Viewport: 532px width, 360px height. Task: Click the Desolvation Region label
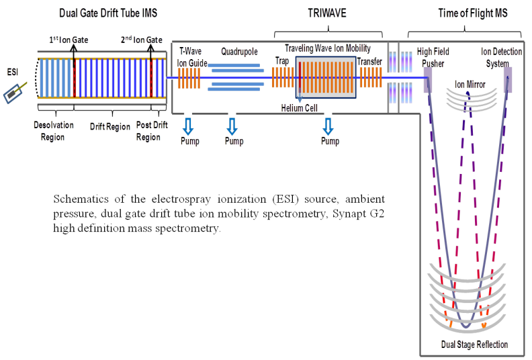point(50,131)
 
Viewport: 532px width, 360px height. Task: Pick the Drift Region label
point(109,126)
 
